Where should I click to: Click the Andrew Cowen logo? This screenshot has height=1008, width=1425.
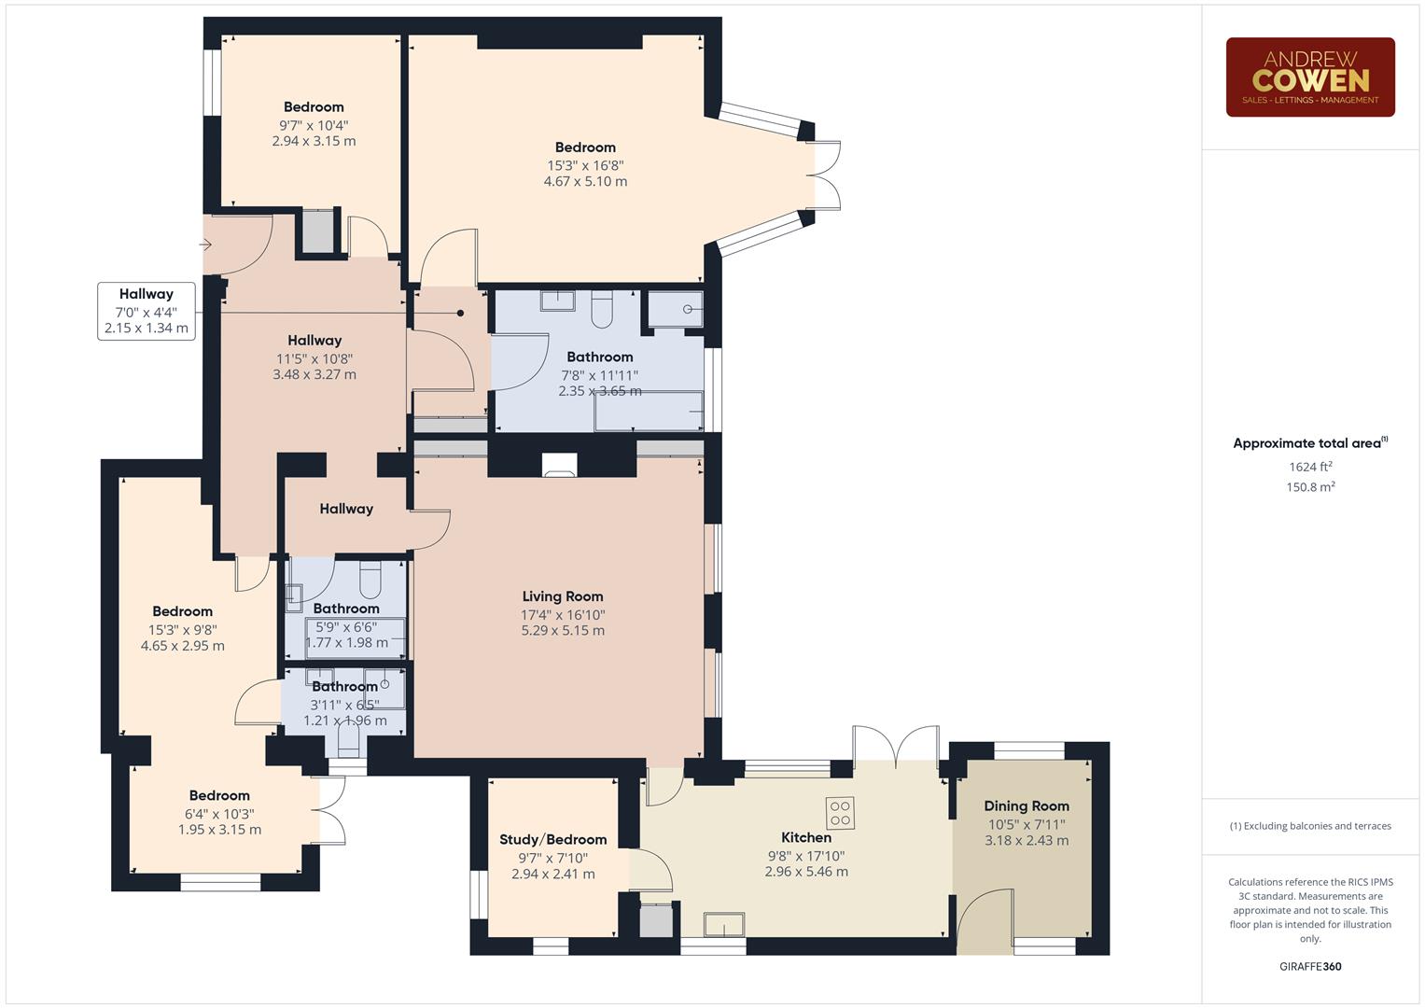tap(1309, 77)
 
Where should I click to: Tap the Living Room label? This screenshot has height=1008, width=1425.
tap(562, 596)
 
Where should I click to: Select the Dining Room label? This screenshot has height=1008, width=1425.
tap(1026, 806)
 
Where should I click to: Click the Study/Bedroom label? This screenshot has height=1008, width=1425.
tap(552, 840)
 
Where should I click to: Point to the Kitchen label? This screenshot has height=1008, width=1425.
tap(805, 838)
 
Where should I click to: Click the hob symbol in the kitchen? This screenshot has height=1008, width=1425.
tap(840, 812)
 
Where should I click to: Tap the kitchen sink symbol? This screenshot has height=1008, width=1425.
tap(724, 924)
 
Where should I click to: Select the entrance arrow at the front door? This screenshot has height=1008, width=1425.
tap(205, 245)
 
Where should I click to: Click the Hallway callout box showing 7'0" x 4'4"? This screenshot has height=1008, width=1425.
tap(146, 311)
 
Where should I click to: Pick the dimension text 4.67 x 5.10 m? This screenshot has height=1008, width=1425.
tap(585, 182)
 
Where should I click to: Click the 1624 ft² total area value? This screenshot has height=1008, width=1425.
tap(1310, 467)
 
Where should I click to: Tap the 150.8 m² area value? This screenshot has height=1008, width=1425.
tap(1310, 487)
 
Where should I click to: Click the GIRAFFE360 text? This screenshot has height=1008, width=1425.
tap(1310, 967)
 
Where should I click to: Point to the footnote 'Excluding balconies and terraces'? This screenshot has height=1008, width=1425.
tap(1310, 826)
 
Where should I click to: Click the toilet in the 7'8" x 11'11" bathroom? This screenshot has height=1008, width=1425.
tap(602, 310)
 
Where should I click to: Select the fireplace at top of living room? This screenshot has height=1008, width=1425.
tap(560, 464)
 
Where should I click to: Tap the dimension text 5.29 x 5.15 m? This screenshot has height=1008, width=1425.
tap(562, 631)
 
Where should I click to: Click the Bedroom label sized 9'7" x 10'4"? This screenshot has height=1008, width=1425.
tap(314, 107)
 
